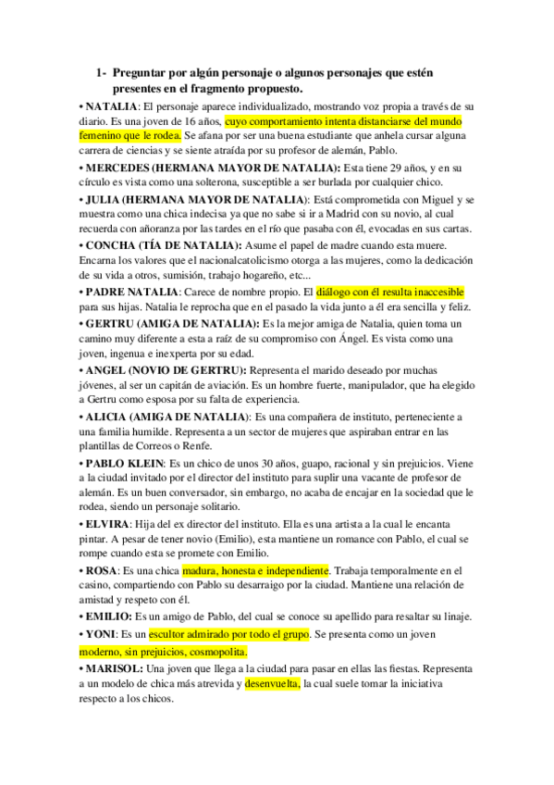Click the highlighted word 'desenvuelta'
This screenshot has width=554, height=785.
pos(272,684)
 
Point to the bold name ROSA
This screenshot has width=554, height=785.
pos(100,571)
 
